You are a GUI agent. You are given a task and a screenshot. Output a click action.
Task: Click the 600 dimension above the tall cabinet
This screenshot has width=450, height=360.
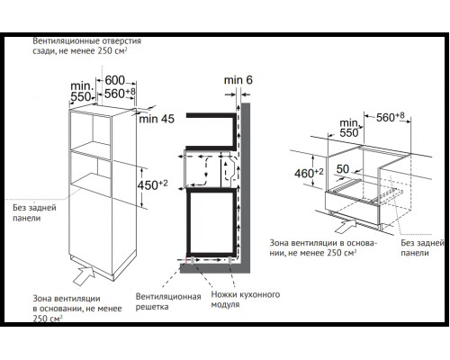click(114, 80)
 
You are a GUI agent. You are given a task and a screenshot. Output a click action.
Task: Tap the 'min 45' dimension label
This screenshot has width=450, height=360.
click(157, 119)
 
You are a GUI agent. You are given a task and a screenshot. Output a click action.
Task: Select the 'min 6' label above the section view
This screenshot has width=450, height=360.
click(238, 80)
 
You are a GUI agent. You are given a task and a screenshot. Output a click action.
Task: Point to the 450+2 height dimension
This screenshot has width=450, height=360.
click(152, 184)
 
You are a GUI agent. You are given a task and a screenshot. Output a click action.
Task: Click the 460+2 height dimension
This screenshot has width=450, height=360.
click(309, 173)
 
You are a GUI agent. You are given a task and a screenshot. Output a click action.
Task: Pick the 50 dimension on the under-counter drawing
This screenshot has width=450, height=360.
click(343, 169)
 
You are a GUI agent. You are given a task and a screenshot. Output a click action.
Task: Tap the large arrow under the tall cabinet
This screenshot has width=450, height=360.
click(85, 275)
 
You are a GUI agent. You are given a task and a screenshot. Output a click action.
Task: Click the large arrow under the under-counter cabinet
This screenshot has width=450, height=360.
click(346, 226)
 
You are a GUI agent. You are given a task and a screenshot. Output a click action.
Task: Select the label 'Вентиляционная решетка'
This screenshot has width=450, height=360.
click(168, 301)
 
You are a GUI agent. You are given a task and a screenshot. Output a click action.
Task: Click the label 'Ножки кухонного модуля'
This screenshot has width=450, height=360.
click(246, 300)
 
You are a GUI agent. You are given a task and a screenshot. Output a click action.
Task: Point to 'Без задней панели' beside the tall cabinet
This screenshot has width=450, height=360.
click(34, 212)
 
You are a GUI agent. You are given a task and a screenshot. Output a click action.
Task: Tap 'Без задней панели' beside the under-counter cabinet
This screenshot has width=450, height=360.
click(422, 247)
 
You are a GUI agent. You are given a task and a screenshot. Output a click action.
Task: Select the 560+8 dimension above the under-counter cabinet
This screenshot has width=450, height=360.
click(391, 117)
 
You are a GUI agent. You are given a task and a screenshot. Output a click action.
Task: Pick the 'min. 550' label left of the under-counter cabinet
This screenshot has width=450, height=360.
click(349, 128)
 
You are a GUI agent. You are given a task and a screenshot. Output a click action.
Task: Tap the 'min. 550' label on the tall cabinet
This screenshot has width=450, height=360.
click(82, 91)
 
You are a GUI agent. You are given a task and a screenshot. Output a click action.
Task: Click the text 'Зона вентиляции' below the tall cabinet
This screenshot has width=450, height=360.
click(67, 299)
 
